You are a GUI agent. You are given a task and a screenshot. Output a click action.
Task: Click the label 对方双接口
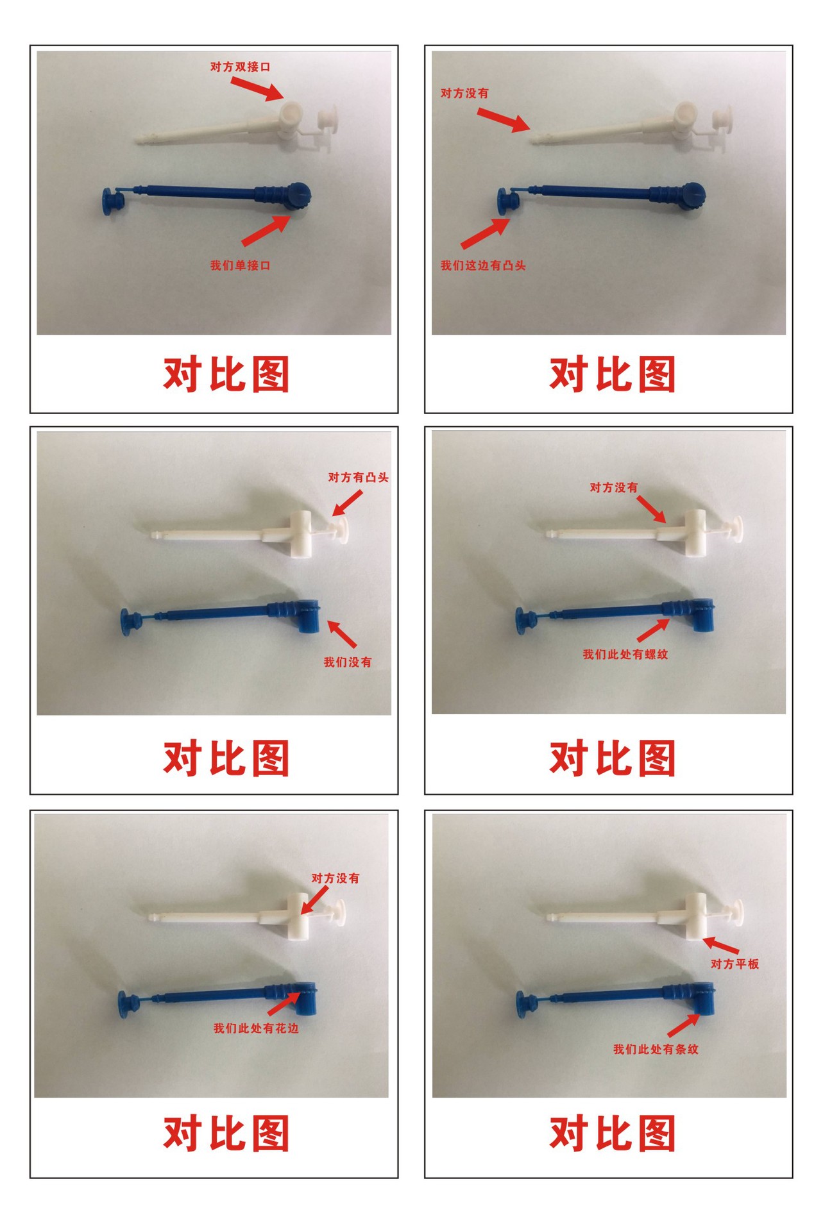tap(240, 67)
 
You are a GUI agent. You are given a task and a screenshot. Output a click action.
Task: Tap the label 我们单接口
tap(240, 265)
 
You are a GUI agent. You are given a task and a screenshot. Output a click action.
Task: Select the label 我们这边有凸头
tap(483, 265)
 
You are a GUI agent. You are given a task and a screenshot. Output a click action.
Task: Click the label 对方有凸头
tap(358, 477)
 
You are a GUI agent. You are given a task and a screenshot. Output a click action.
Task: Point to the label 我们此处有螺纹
tap(625, 654)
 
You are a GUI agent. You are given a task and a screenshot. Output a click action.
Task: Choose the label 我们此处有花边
tap(256, 1028)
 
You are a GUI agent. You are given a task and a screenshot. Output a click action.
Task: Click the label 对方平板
tap(734, 964)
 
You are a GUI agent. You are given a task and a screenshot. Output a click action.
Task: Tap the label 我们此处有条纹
tap(656, 1049)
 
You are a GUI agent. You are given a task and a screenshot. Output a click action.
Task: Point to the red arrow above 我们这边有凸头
tap(485, 233)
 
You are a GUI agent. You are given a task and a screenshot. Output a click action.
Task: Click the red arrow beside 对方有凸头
tap(347, 503)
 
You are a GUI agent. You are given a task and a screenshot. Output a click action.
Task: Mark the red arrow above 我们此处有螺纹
tap(652, 629)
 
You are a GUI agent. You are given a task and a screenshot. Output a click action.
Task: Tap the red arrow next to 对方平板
tap(720, 944)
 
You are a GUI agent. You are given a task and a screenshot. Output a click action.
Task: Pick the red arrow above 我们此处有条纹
tap(684, 1025)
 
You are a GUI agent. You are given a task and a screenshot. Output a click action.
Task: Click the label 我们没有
tap(347, 662)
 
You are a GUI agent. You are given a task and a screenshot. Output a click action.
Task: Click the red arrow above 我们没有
tap(342, 633)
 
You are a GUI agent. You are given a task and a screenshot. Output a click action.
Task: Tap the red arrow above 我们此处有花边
tap(285, 1003)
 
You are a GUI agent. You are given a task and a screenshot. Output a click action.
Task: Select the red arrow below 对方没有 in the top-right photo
tap(504, 120)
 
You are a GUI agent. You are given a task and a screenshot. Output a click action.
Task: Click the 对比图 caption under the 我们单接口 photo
tap(226, 374)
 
